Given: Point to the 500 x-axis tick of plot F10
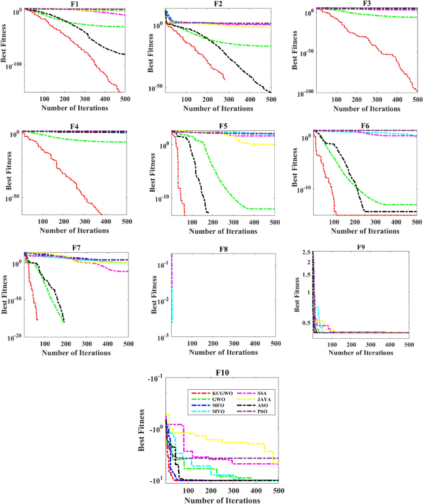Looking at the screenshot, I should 278,491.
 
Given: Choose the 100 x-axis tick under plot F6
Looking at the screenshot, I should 335,223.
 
